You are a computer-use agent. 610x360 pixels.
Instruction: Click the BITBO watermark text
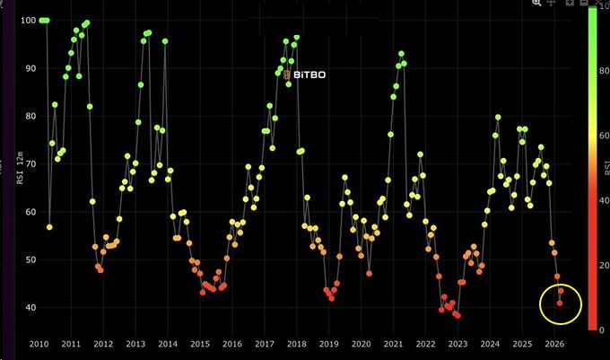tap(307, 75)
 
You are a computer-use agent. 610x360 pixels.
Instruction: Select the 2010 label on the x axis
tap(39, 344)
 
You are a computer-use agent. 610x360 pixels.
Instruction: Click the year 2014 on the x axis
tap(167, 344)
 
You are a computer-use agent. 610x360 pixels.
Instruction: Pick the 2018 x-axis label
tap(296, 344)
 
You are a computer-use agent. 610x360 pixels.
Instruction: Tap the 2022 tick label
tap(425, 344)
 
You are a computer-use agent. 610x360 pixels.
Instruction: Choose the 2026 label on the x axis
tap(553, 344)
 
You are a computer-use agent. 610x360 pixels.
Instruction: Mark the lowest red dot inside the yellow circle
tap(560, 303)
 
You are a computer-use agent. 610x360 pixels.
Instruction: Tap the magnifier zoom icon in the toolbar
tap(536, 4)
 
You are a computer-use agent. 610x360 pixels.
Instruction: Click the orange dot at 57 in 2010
tap(49, 227)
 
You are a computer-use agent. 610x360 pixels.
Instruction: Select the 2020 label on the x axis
tap(361, 344)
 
